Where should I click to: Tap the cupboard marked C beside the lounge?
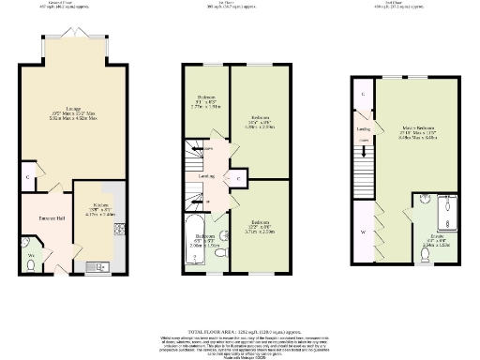coord(31,176)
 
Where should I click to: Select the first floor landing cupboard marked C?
coord(238,177)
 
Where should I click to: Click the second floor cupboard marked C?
coord(362,95)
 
